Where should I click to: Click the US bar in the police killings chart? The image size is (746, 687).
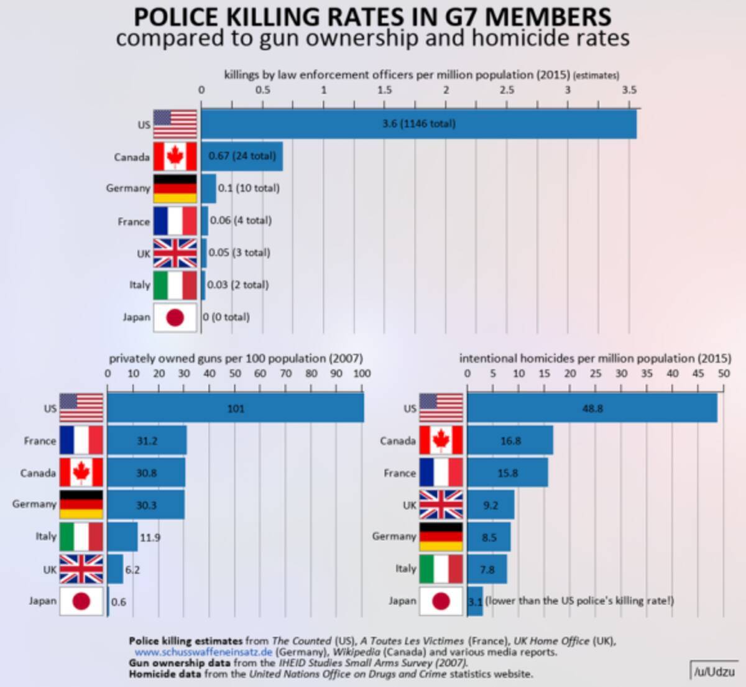[418, 124]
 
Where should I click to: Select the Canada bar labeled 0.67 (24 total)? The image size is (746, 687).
[242, 156]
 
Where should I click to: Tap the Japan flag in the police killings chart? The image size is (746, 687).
[175, 318]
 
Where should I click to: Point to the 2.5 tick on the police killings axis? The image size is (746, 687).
[507, 90]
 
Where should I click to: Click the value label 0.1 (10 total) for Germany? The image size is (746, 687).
[249, 188]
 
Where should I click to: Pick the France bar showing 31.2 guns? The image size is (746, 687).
[147, 441]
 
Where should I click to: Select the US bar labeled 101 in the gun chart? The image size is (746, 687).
[236, 408]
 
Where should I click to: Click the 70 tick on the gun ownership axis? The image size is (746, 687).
[286, 374]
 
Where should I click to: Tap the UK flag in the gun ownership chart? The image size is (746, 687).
[81, 569]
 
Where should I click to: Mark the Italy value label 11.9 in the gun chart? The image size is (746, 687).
[150, 537]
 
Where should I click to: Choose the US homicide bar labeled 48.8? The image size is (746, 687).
[592, 408]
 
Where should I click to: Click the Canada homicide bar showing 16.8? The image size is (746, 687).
[510, 441]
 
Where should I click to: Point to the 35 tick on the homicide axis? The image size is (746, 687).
[647, 374]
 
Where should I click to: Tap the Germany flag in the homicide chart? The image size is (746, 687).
[441, 537]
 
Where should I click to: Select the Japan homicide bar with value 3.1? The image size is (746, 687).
[475, 601]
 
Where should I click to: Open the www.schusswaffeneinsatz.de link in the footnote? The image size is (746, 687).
[203, 652]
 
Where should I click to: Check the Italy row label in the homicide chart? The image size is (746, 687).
[405, 568]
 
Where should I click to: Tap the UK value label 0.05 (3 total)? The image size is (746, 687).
[239, 252]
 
